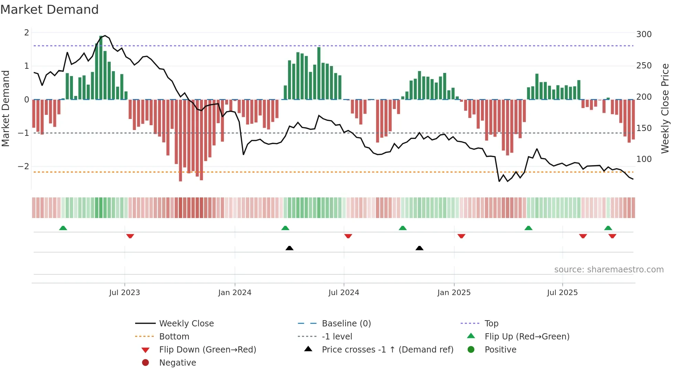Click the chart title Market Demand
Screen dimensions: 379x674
pyautogui.click(x=50, y=10)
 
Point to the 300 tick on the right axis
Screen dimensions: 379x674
pyautogui.click(x=644, y=34)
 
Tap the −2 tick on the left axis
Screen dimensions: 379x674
pyautogui.click(x=23, y=166)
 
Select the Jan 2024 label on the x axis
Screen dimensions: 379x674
pyautogui.click(x=235, y=293)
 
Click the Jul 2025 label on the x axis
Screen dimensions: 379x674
pyautogui.click(x=562, y=293)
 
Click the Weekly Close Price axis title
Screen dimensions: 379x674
pyautogui.click(x=665, y=108)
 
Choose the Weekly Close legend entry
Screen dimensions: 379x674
pyautogui.click(x=186, y=324)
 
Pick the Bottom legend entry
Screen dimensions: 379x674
pyautogui.click(x=174, y=337)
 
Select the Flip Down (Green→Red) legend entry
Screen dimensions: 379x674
pyautogui.click(x=207, y=350)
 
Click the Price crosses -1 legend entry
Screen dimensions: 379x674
pyautogui.click(x=387, y=350)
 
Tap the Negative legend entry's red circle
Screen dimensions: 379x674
pyautogui.click(x=145, y=363)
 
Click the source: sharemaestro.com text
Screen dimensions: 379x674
pyautogui.click(x=609, y=270)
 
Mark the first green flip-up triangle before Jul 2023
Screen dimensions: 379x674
pyautogui.click(x=63, y=228)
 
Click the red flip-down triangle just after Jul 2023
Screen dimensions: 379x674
pyautogui.click(x=130, y=236)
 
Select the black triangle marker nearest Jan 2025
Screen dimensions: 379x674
pyautogui.click(x=419, y=248)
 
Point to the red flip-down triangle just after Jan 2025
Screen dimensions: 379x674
pyautogui.click(x=461, y=236)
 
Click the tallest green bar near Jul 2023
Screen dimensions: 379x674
pyautogui.click(x=101, y=67)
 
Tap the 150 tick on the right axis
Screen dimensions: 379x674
pyautogui.click(x=644, y=128)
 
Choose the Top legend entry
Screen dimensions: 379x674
pyautogui.click(x=491, y=324)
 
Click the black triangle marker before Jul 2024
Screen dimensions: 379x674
pyautogui.click(x=289, y=248)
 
